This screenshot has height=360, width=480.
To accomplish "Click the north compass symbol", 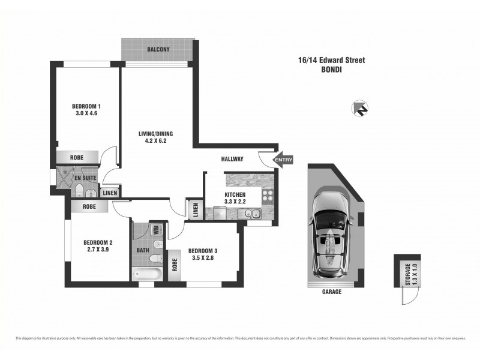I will [361, 107].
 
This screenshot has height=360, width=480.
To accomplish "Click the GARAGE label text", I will [332, 292].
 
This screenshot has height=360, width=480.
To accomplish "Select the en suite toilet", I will [80, 190].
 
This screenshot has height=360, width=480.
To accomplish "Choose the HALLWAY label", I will [232, 159].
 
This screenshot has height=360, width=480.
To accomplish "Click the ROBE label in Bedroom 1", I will [77, 158].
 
